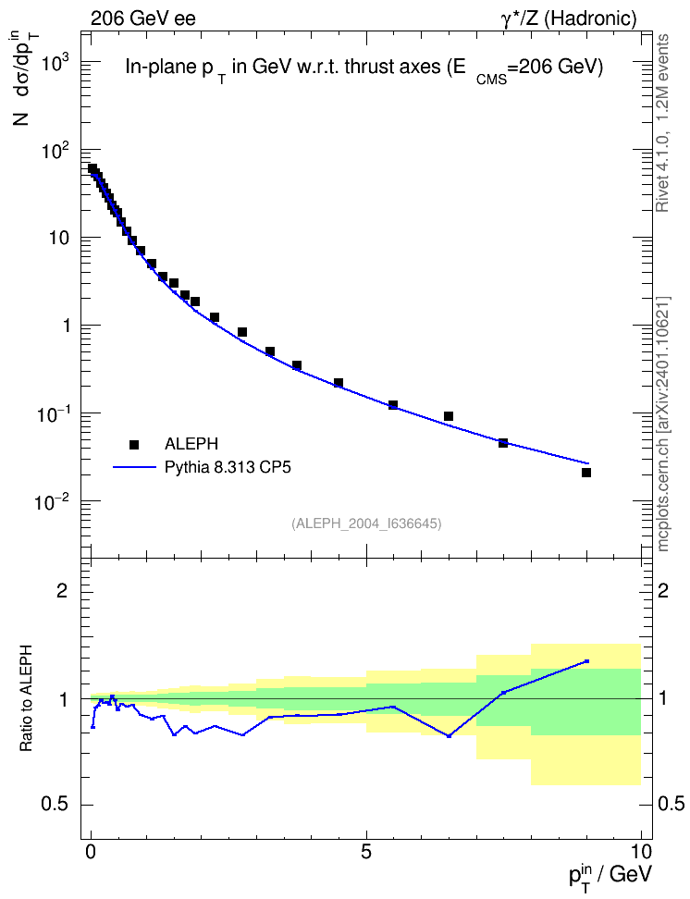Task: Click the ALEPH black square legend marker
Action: click(134, 444)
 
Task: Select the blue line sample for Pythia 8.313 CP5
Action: click(134, 467)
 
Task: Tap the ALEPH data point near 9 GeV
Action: click(586, 473)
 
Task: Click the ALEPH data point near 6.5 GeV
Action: click(449, 416)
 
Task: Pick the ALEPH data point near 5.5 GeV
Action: click(393, 405)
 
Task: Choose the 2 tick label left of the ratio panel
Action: click(62, 590)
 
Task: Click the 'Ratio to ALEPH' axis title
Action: click(27, 698)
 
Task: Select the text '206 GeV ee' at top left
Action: click(142, 18)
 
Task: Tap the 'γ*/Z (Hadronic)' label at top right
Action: click(569, 18)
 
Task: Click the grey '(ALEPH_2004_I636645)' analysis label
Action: click(366, 523)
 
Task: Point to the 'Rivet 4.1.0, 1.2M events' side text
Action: click(663, 123)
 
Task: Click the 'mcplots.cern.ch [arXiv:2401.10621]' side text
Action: click(663, 424)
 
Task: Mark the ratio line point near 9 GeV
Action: click(586, 661)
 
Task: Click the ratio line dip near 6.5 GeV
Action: click(449, 735)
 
